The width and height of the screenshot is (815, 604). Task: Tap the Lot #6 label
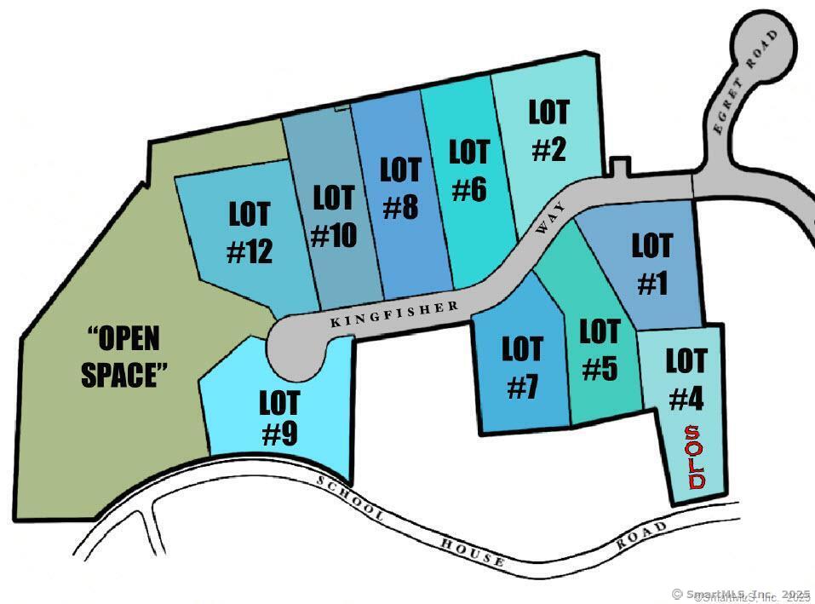(469, 170)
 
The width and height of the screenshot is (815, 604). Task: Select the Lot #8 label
(400, 188)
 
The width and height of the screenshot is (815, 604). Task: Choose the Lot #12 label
(250, 232)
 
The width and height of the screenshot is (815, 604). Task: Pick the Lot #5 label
(600, 349)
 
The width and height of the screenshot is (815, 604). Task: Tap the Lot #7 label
(522, 367)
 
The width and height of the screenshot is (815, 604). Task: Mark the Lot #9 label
(278, 417)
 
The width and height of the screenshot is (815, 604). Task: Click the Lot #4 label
(686, 378)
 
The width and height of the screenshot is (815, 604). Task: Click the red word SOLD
(695, 457)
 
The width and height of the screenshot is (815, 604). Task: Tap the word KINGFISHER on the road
(393, 314)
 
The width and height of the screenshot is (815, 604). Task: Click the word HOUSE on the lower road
(474, 552)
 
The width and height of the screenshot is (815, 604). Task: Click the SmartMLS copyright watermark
(740, 594)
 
